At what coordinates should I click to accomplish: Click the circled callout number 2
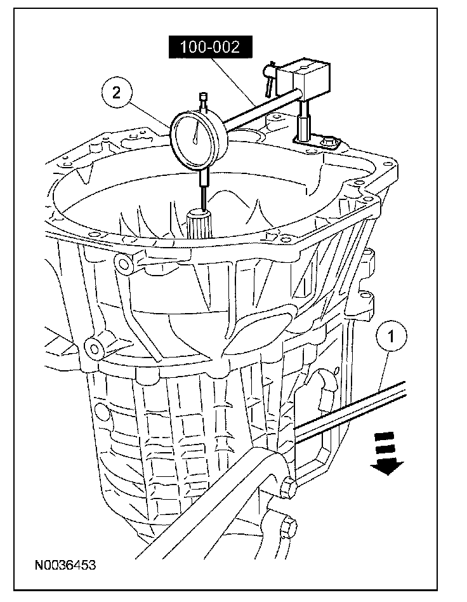116,93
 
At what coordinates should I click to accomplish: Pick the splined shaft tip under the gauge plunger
201,224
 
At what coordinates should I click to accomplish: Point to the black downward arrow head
387,467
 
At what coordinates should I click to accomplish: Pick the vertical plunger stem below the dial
203,187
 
